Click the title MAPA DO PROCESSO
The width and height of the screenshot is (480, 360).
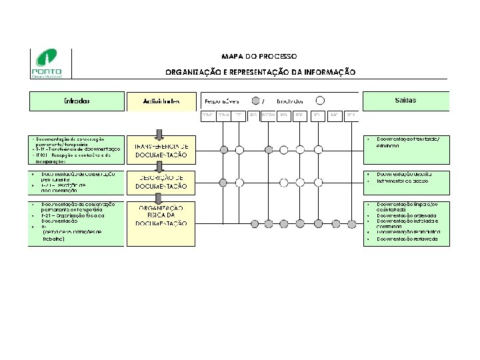click(259, 57)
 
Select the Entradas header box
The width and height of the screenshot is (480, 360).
click(77, 101)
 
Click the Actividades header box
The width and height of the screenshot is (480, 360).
click(161, 101)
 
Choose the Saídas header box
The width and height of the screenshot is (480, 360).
click(405, 101)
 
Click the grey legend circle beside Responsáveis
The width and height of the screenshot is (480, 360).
click(256, 101)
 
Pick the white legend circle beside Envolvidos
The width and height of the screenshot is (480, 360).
click(320, 101)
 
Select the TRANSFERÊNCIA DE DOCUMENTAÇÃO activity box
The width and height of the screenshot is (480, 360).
click(161, 151)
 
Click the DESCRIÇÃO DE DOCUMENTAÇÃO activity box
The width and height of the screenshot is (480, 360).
click(161, 182)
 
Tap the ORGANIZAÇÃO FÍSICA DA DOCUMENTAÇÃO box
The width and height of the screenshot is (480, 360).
click(161, 216)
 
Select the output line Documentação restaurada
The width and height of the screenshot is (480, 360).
click(407, 238)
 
